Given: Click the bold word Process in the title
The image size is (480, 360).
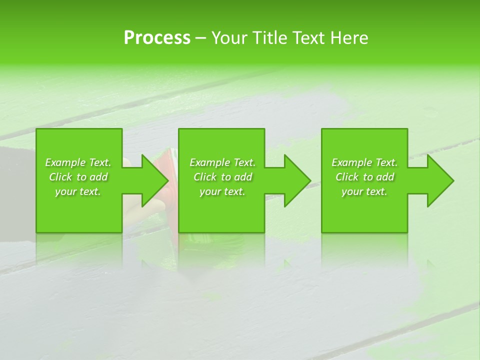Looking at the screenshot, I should pyautogui.click(x=157, y=38).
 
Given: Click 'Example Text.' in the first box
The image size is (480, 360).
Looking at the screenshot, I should pyautogui.click(x=78, y=162).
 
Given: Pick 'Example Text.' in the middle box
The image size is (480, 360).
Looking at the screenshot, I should pyautogui.click(x=222, y=162).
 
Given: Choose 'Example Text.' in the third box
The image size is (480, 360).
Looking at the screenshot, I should pyautogui.click(x=364, y=162).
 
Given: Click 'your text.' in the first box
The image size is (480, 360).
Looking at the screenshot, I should pyautogui.click(x=78, y=191).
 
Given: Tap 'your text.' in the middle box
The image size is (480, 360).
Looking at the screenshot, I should pyautogui.click(x=222, y=191).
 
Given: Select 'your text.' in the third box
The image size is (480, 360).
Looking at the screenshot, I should pyautogui.click(x=364, y=191).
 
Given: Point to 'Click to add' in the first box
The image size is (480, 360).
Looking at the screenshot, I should pyautogui.click(x=78, y=177).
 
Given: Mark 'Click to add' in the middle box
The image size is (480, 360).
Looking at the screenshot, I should pyautogui.click(x=222, y=177).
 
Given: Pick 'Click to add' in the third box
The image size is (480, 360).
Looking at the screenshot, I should pyautogui.click(x=364, y=177).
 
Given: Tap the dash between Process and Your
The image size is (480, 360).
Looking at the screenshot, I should pyautogui.click(x=200, y=38).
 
